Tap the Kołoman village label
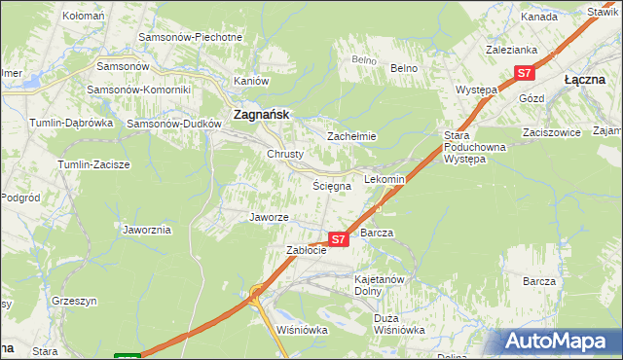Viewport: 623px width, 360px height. coord(83,17)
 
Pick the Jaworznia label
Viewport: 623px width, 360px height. coord(147,231)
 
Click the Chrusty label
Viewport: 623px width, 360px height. coord(285,154)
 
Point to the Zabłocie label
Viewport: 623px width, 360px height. coord(305,250)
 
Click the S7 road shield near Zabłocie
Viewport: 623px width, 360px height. coord(338,238)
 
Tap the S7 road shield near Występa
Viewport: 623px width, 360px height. coord(525,73)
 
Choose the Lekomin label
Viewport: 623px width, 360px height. coord(384,180)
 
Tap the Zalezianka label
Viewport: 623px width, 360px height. coord(511,48)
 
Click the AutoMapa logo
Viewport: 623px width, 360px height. coord(559,341)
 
